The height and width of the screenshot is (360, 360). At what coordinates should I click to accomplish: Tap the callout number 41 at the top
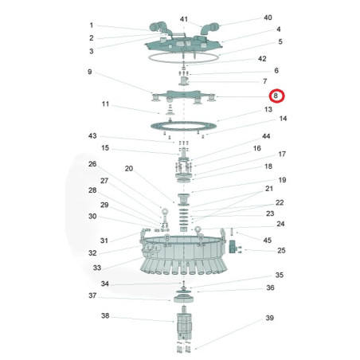click(184, 19)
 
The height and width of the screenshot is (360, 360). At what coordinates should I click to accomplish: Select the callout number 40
click(268, 18)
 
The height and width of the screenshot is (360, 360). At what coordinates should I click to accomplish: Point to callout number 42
click(262, 59)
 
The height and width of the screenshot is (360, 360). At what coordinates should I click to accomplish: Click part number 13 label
click(268, 109)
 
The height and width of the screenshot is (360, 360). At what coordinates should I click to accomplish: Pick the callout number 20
click(129, 168)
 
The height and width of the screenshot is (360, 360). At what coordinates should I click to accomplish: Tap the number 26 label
click(92, 164)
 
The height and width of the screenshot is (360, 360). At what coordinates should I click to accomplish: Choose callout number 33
click(97, 268)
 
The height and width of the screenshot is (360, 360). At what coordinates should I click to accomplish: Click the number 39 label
click(269, 318)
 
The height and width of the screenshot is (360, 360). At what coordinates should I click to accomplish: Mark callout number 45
click(268, 241)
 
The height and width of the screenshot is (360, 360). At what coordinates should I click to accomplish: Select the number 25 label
click(281, 250)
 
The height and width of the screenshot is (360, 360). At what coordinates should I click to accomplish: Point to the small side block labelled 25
click(233, 246)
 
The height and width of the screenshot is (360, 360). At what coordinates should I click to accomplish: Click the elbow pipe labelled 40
click(209, 29)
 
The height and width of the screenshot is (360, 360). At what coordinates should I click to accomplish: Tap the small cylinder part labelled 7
click(183, 81)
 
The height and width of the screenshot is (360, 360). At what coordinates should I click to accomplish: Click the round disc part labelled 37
click(183, 299)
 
